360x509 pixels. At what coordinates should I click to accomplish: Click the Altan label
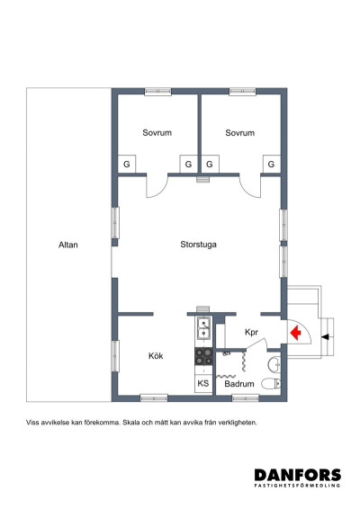click(x=68, y=245)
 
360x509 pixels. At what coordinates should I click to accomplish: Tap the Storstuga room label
click(x=198, y=245)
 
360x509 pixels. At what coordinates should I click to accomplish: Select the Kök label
click(x=156, y=356)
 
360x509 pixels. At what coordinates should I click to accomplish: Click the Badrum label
click(x=239, y=384)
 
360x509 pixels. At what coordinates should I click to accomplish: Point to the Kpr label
click(x=251, y=333)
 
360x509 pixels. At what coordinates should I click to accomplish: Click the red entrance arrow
click(x=296, y=333)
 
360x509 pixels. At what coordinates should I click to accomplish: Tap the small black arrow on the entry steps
click(x=325, y=337)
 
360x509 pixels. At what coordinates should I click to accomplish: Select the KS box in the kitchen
click(x=203, y=383)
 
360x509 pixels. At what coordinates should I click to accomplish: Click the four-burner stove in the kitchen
click(x=203, y=356)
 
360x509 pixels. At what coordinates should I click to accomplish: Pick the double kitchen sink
click(x=203, y=328)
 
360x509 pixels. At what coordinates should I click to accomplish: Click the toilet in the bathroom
click(x=271, y=383)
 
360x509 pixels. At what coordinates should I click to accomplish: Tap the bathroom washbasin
click(x=274, y=364)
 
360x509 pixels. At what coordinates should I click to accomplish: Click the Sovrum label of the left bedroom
click(x=157, y=133)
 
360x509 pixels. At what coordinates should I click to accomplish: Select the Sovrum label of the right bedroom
click(x=239, y=133)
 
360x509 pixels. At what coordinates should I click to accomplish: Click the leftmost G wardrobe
click(x=126, y=165)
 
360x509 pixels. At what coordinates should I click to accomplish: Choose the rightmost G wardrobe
click(x=271, y=165)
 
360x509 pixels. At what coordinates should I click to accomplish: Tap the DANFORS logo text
click(x=298, y=475)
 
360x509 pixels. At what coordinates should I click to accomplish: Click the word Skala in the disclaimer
click(x=130, y=423)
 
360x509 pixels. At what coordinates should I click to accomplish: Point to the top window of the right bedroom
click(x=242, y=92)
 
